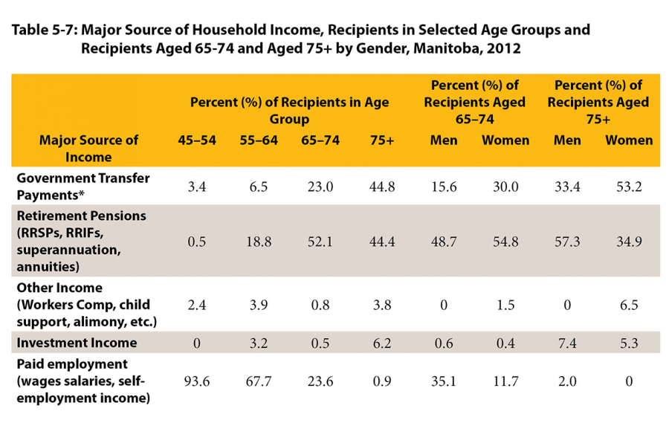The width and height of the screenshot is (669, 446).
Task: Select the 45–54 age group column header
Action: point(198,140)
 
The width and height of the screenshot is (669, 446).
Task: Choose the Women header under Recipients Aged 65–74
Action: point(505,140)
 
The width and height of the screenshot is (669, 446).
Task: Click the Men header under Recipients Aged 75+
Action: point(567,140)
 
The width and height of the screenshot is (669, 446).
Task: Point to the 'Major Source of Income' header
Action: point(88,148)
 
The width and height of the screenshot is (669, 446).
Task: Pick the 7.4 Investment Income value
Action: point(567,343)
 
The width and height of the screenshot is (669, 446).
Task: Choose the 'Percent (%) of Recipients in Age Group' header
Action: point(289,111)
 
